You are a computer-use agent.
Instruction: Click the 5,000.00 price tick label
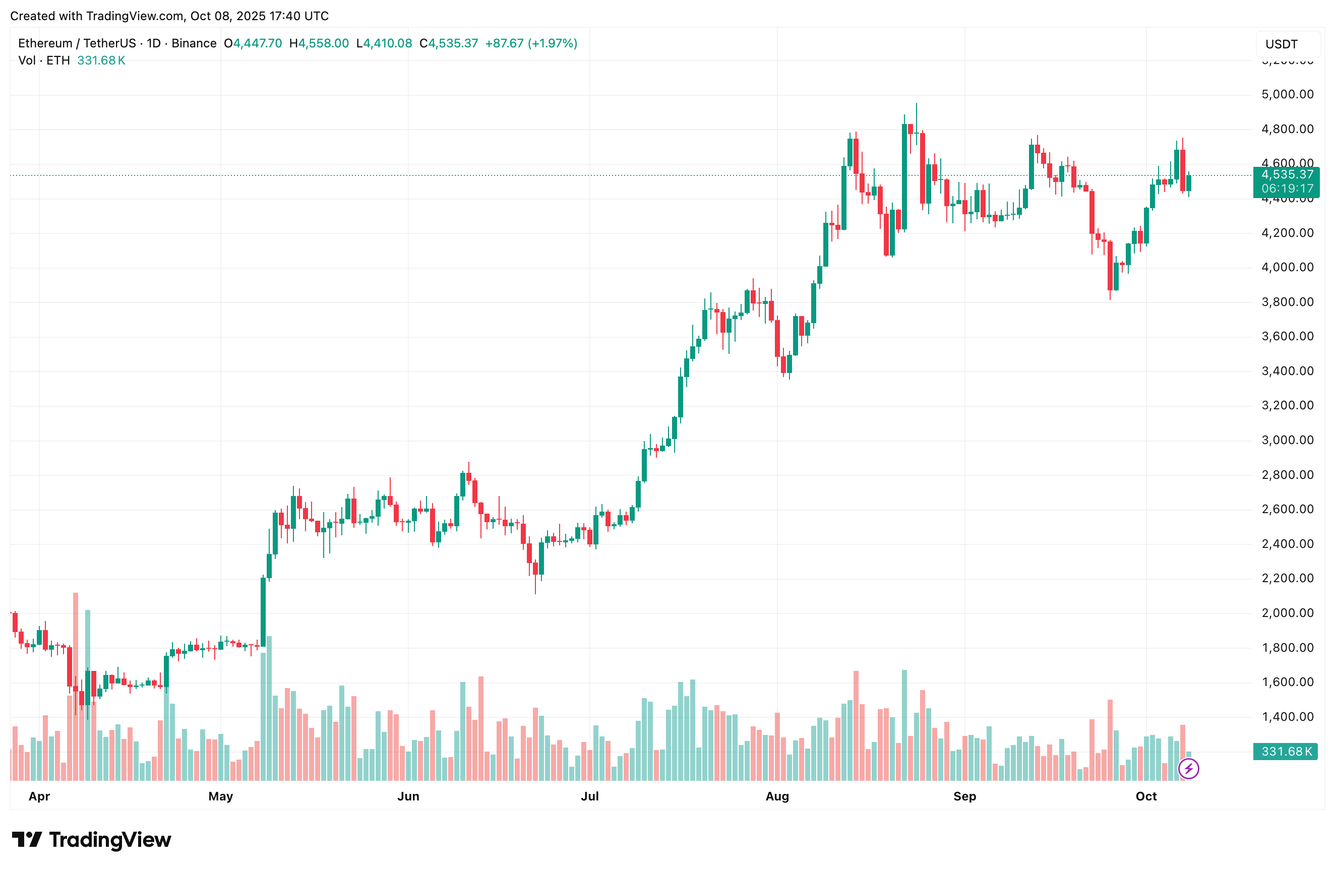pyautogui.click(x=1287, y=94)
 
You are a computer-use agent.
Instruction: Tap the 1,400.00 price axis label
pyautogui.click(x=1287, y=717)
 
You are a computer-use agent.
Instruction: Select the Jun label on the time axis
pyautogui.click(x=408, y=796)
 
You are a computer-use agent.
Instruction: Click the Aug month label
pyautogui.click(x=777, y=796)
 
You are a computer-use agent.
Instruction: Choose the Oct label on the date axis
pyautogui.click(x=1145, y=796)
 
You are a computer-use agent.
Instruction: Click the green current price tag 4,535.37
pyautogui.click(x=1287, y=175)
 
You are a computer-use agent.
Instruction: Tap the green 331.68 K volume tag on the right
pyautogui.click(x=1286, y=752)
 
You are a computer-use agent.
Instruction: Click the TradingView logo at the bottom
pyautogui.click(x=91, y=840)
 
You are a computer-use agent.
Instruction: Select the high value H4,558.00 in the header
pyautogui.click(x=319, y=43)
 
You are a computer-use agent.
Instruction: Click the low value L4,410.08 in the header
pyautogui.click(x=384, y=43)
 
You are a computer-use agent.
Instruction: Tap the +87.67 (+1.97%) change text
pyautogui.click(x=531, y=43)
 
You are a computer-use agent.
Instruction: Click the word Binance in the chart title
pyautogui.click(x=194, y=43)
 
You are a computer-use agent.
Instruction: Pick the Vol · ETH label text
pyautogui.click(x=44, y=60)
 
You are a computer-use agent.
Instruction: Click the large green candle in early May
pyautogui.click(x=263, y=615)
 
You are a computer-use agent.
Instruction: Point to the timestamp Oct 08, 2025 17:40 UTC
pyautogui.click(x=259, y=16)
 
